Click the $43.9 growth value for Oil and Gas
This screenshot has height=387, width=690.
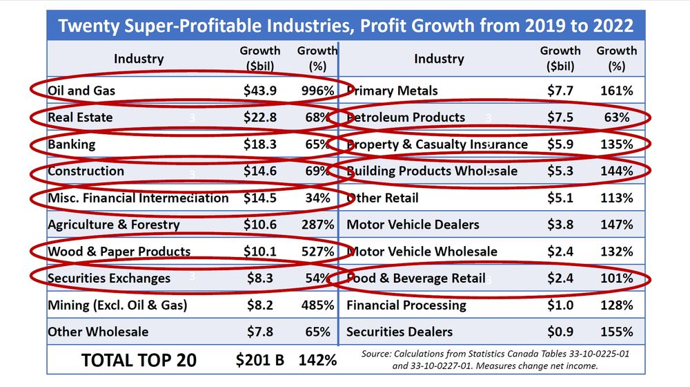pos(260,91)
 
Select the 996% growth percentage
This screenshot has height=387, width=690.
pos(317,91)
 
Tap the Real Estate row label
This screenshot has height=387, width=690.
pos(80,117)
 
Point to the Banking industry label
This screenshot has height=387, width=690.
pos(72,144)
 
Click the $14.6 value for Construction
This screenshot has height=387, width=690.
pos(260,171)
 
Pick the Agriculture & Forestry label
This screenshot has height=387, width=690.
pos(113,225)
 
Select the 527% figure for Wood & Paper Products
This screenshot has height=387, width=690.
pos(317,252)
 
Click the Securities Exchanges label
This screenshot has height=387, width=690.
pos(109,279)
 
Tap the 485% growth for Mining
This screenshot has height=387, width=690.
pos(317,305)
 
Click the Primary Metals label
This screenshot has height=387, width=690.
pos(392,91)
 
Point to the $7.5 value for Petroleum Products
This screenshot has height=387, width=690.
pos(560,117)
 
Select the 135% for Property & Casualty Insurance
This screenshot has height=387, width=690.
pos(616,144)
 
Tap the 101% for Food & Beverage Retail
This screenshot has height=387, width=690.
pos(616,279)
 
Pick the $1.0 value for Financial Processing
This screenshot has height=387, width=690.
pos(560,305)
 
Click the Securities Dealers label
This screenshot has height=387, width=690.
pos(400,332)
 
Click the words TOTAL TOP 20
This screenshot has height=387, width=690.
pos(139,360)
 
